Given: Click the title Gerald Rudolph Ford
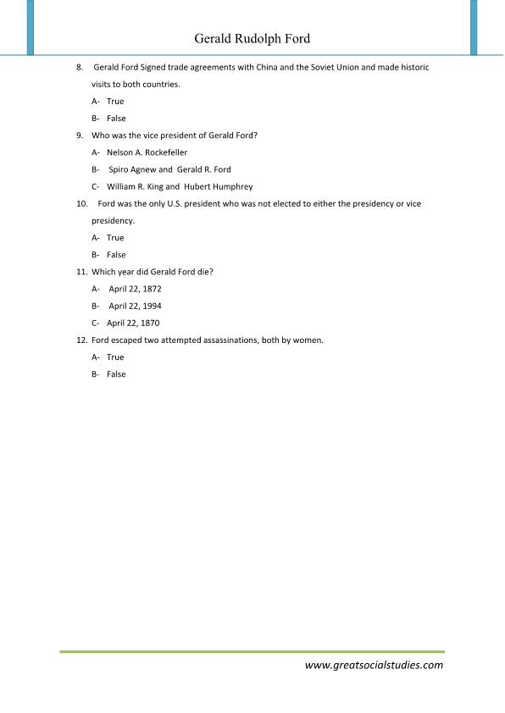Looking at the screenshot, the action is pyautogui.click(x=252, y=39).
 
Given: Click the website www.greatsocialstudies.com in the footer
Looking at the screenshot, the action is pyautogui.click(x=374, y=665).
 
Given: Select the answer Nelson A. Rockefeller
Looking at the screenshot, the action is pyautogui.click(x=147, y=152).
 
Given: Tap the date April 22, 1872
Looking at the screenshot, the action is pyautogui.click(x=135, y=289).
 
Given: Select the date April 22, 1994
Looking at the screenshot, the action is pyautogui.click(x=135, y=306).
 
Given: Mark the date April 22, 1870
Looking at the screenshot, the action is pyautogui.click(x=133, y=323).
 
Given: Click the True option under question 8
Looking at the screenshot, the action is pyautogui.click(x=115, y=102).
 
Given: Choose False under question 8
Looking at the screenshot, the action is pyautogui.click(x=116, y=119).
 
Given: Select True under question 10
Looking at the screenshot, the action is pyautogui.click(x=115, y=238).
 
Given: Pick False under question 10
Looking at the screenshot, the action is pyautogui.click(x=116, y=255).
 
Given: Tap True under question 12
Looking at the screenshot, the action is pyautogui.click(x=115, y=357).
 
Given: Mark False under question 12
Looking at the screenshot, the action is pyautogui.click(x=116, y=374).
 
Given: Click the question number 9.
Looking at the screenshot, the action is pyautogui.click(x=80, y=135).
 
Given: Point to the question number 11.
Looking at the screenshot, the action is pyautogui.click(x=81, y=272).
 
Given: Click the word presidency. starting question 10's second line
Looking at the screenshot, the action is pyautogui.click(x=114, y=221).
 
